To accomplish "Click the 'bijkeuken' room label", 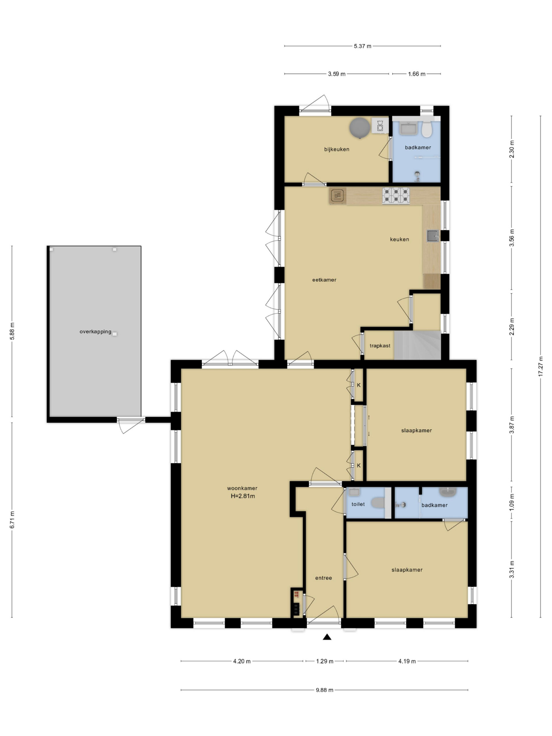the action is click(336, 149).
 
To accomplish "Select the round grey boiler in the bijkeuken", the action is click(360, 127).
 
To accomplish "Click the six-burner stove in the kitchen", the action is click(396, 195).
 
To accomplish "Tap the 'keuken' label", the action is click(399, 239).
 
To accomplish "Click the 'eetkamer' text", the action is click(324, 280).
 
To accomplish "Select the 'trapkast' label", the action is click(380, 346).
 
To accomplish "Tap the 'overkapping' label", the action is click(95, 331).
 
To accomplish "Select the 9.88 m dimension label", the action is click(324, 690).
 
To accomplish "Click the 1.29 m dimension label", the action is click(324, 661).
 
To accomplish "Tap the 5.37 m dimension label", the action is click(362, 46).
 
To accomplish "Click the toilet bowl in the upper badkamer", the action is click(427, 129).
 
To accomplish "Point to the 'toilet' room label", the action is click(358, 504).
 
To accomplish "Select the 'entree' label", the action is click(323, 578).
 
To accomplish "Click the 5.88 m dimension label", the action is click(12, 331).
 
